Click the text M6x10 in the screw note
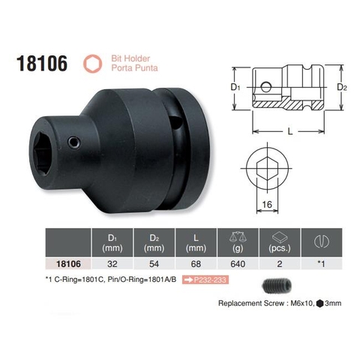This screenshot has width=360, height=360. coord(302,305)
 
